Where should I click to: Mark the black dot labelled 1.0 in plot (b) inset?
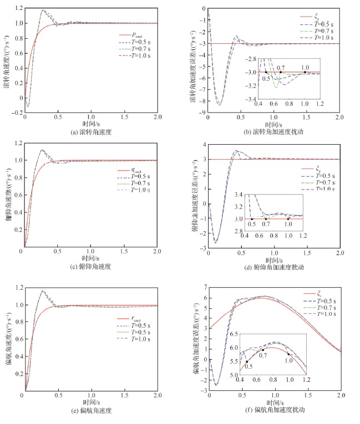305,72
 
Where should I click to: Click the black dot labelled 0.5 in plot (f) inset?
247,361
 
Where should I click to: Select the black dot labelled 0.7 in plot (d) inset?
266,219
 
